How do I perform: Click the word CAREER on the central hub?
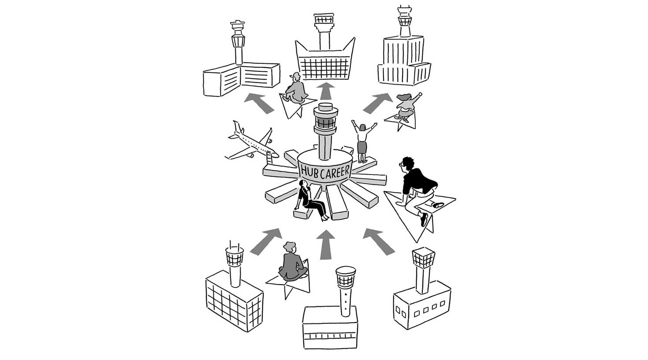(x=335, y=172)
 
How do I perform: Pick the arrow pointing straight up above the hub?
(x=326, y=91)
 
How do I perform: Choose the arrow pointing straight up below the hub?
(x=326, y=245)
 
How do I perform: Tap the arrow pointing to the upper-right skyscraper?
(x=377, y=103)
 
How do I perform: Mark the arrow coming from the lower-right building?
(x=379, y=241)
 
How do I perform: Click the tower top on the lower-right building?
(x=423, y=258)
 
